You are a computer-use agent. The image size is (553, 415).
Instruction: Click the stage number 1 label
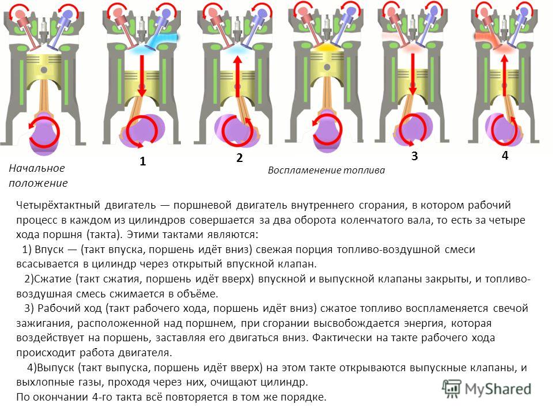(142, 161)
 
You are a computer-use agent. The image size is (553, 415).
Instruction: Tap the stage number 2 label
(240, 158)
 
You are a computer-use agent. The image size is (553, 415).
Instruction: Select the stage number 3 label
(414, 156)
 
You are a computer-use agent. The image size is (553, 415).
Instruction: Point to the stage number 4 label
(505, 155)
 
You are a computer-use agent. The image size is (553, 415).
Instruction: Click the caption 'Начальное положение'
(38, 175)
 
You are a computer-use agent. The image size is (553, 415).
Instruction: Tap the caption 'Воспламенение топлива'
(326, 170)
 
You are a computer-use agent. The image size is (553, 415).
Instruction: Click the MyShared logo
(487, 389)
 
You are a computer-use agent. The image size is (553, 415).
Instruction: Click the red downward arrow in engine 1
(142, 76)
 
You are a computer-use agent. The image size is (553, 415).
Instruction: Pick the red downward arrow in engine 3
(412, 74)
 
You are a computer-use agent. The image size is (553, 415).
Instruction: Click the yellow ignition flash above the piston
(327, 47)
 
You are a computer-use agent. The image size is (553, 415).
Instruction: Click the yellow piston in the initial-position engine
(44, 67)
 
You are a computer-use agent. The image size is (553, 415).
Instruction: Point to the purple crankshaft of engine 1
(142, 131)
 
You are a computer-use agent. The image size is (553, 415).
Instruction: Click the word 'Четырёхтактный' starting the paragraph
(56, 205)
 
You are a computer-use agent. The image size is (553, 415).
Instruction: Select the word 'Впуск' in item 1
(49, 250)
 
